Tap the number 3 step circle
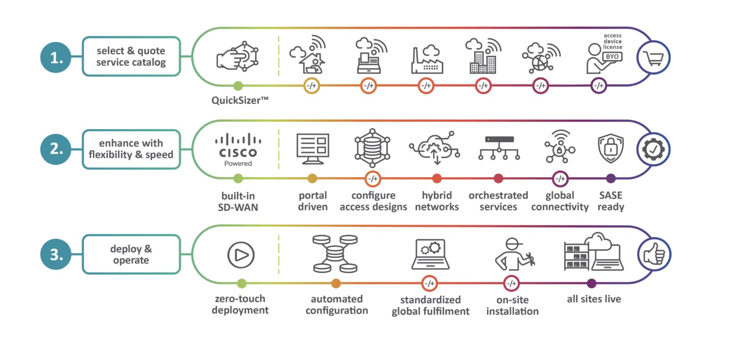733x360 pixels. click(55, 255)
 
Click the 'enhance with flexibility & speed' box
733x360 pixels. click(131, 150)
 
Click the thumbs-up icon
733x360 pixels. click(652, 255)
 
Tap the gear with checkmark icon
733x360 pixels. click(652, 150)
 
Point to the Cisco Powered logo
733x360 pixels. click(238, 150)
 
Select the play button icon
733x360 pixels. click(240, 255)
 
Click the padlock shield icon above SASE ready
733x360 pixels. click(611, 149)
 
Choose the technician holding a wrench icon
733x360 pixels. click(515, 255)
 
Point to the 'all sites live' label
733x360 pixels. click(594, 299)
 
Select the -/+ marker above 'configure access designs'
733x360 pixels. click(373, 178)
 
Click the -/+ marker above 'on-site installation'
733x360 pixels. click(511, 283)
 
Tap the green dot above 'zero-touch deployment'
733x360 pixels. click(242, 283)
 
